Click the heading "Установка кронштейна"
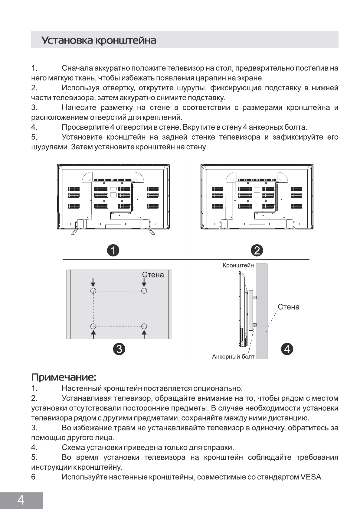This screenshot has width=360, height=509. coord(99,40)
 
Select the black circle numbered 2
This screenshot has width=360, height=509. coord(257,251)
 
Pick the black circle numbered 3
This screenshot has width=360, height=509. coord(119,349)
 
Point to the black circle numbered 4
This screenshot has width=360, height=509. coord(287,349)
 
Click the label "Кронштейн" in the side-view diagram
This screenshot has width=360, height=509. coord(238,265)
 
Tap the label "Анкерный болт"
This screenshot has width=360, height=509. coord(233,357)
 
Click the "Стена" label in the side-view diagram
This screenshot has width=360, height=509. coord(288,307)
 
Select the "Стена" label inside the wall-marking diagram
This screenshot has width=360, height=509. coord(153,275)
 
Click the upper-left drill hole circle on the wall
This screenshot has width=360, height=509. coord(93,291)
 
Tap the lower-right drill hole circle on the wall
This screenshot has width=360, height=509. coord(144,326)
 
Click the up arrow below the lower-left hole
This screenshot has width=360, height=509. coord(93,334)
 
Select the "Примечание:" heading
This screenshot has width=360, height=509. coord(64,377)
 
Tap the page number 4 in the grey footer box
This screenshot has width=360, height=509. coord(21,500)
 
